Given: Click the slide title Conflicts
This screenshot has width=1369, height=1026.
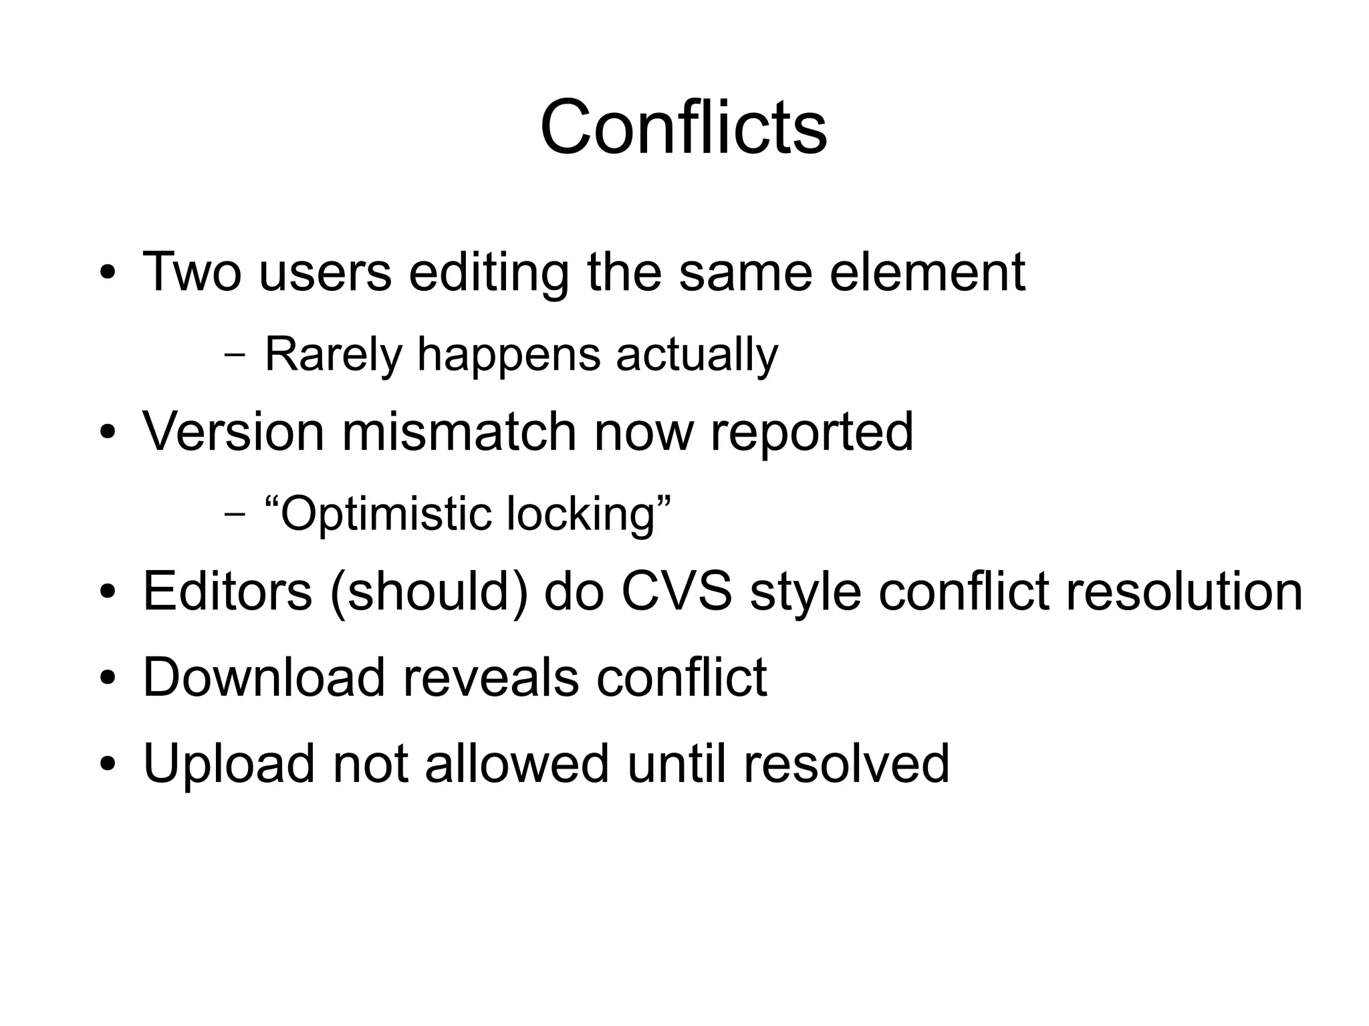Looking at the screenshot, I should point(683,127).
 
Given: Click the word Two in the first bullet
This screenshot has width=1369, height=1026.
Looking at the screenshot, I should point(192,272).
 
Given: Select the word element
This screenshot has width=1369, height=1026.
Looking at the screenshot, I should point(927,272).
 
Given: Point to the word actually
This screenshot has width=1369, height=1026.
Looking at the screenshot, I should point(697,354).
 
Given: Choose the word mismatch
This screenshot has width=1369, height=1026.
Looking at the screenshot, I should point(459,432).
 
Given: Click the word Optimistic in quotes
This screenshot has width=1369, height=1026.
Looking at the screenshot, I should point(386,514).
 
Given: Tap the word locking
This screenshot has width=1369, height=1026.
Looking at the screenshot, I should point(582,514).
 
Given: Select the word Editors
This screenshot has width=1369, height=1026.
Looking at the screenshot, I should point(227,592).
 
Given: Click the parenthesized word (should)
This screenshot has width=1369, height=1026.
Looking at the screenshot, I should point(428,593).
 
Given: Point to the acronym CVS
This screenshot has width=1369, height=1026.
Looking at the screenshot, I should point(676,592).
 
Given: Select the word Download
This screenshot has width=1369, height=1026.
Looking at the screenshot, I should point(264,678).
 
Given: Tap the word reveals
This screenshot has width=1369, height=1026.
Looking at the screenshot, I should point(490,678).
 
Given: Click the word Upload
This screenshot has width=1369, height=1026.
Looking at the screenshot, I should point(229,764).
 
